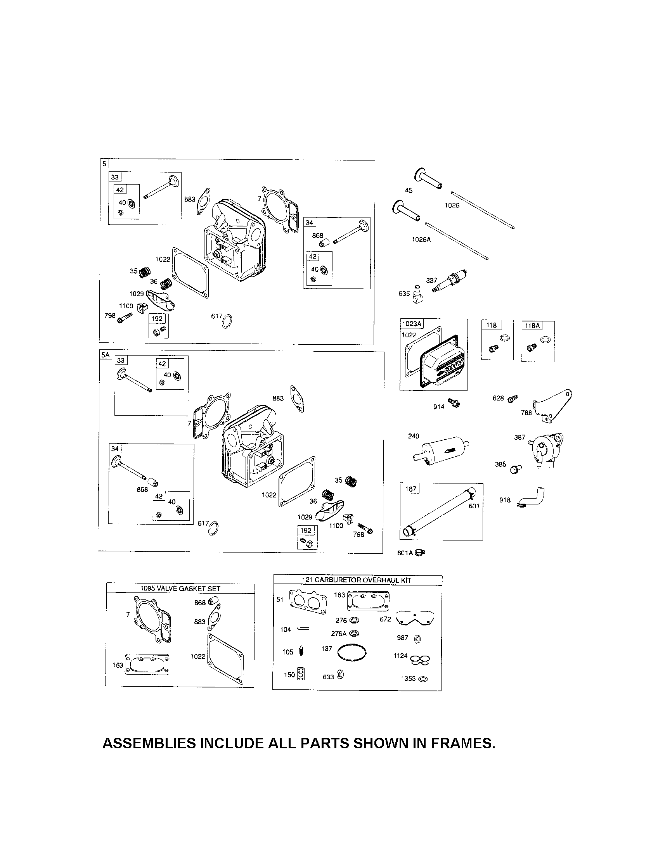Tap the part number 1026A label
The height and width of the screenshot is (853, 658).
(421, 239)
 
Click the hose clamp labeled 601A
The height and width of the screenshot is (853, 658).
(421, 552)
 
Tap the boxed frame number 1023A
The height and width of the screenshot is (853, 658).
(412, 324)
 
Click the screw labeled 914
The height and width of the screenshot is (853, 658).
(454, 403)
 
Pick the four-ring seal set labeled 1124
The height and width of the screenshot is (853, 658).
(421, 660)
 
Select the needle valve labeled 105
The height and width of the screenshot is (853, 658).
(301, 651)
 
